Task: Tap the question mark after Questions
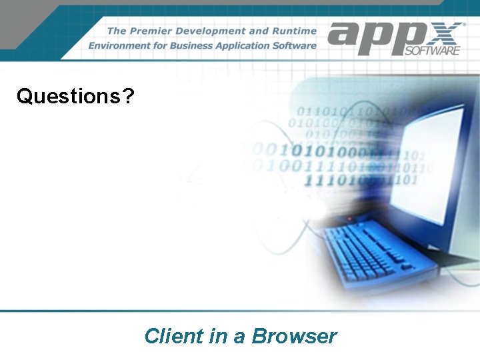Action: (128, 97)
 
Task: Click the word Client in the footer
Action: (174, 336)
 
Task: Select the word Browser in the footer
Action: (295, 336)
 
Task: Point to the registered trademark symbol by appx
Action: (464, 23)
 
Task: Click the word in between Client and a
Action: (218, 336)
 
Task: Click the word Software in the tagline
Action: (295, 46)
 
